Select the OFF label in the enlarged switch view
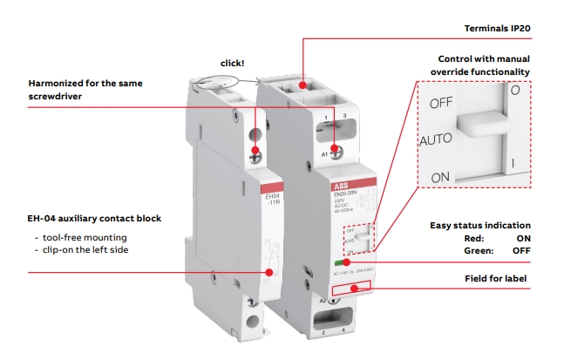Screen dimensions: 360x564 tap(441, 103)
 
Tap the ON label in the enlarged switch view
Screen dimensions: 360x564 tap(440, 177)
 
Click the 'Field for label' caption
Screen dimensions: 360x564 tap(499, 278)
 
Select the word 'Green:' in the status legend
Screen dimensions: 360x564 tap(479, 249)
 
